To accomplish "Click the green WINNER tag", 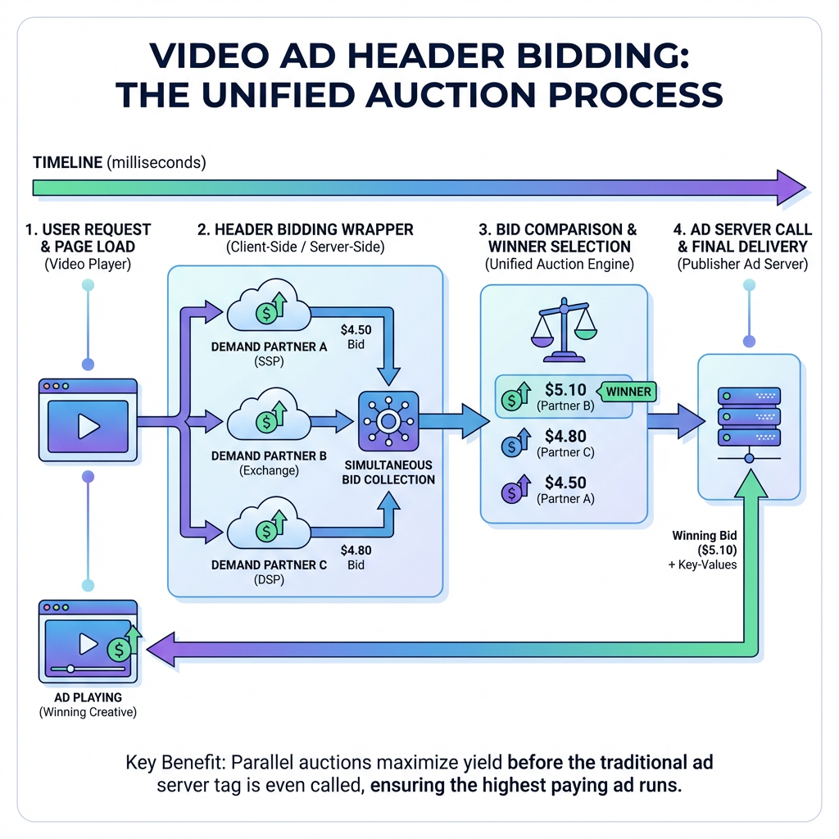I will [x=628, y=391].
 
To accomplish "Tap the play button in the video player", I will [x=88, y=425].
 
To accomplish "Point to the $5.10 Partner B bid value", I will [x=566, y=389].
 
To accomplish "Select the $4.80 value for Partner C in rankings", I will [x=566, y=437].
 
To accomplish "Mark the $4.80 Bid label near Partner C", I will [x=356, y=558].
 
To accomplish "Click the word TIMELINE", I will [x=68, y=162].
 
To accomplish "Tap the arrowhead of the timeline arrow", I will [x=791, y=187].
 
